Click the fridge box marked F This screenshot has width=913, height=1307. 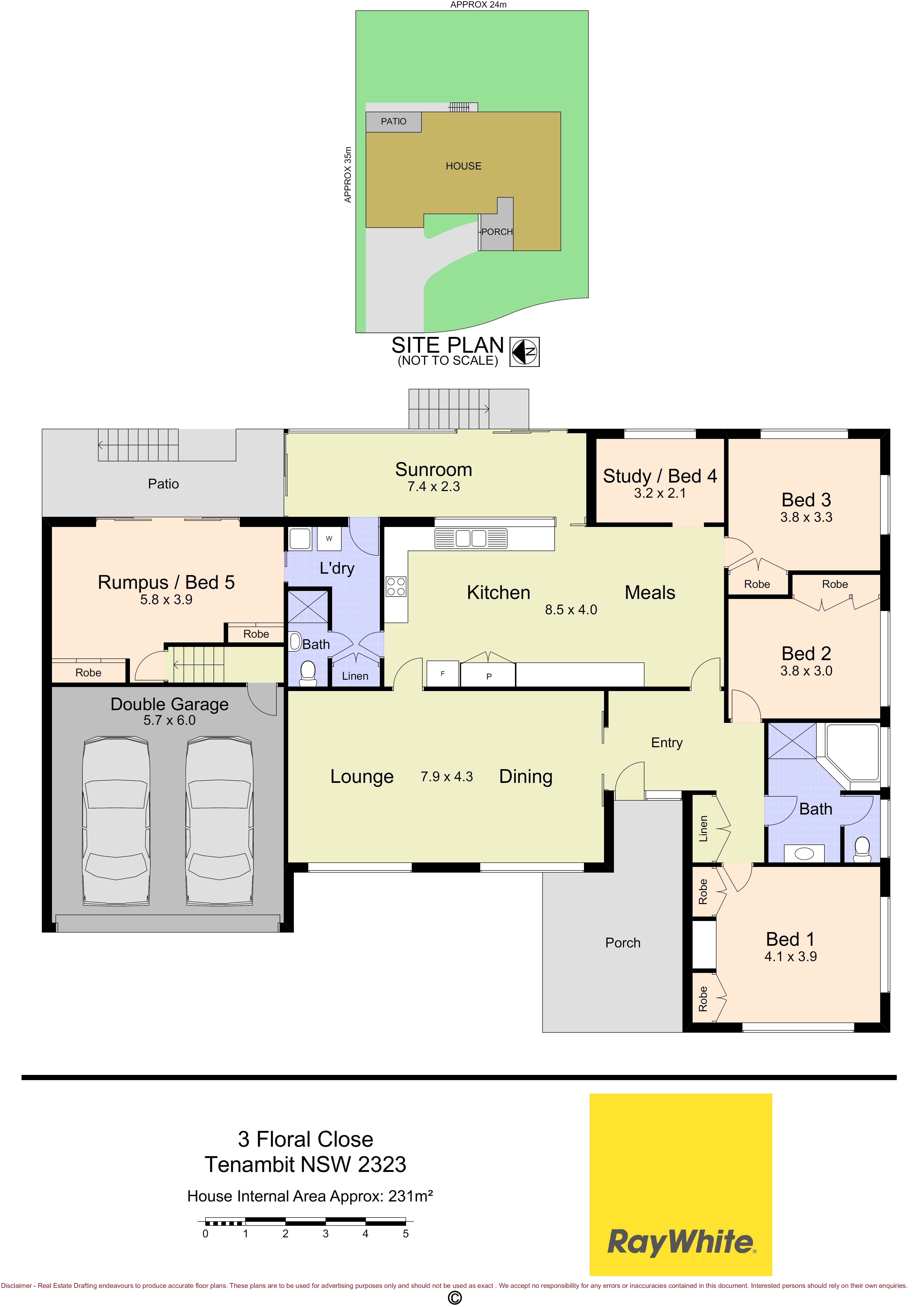tap(442, 674)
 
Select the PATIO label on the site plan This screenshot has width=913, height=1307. tap(394, 121)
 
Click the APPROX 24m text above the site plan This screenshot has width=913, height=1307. tap(478, 4)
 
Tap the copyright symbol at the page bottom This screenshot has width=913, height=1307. tap(454, 1298)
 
